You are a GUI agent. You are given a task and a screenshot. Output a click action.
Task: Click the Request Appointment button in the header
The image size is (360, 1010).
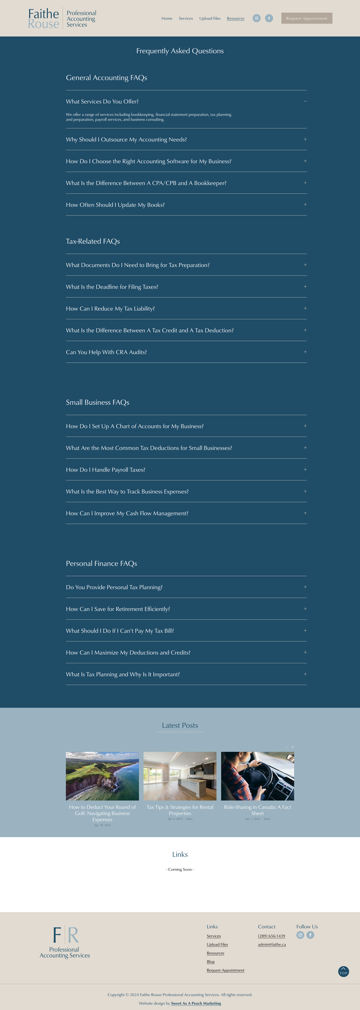[307, 18]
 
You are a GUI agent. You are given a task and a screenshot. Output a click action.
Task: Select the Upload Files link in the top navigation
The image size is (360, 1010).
[210, 18]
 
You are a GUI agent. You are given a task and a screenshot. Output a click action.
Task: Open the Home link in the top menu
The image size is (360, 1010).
[167, 18]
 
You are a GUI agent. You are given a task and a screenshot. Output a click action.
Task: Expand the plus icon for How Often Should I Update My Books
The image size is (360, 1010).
[305, 205]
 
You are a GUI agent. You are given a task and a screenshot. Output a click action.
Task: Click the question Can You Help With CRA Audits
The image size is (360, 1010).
[106, 352]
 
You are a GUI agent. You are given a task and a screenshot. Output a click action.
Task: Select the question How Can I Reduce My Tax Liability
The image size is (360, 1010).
[110, 309]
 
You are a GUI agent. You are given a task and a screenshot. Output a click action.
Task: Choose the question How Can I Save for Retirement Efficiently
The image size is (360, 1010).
[118, 609]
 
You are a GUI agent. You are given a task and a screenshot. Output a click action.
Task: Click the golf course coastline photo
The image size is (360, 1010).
[102, 776]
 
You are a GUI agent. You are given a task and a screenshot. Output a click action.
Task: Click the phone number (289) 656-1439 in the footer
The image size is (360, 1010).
[271, 936]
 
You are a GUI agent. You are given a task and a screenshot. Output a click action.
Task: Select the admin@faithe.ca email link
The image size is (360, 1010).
[272, 945]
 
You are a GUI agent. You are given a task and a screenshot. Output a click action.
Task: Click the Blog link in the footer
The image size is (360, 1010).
[211, 961]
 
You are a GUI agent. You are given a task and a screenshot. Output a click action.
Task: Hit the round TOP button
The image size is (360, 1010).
[344, 972]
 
